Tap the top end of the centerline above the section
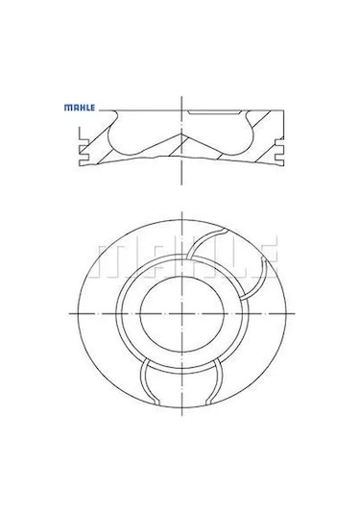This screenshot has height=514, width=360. point(180,96)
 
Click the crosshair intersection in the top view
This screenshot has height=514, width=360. point(180,314)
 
